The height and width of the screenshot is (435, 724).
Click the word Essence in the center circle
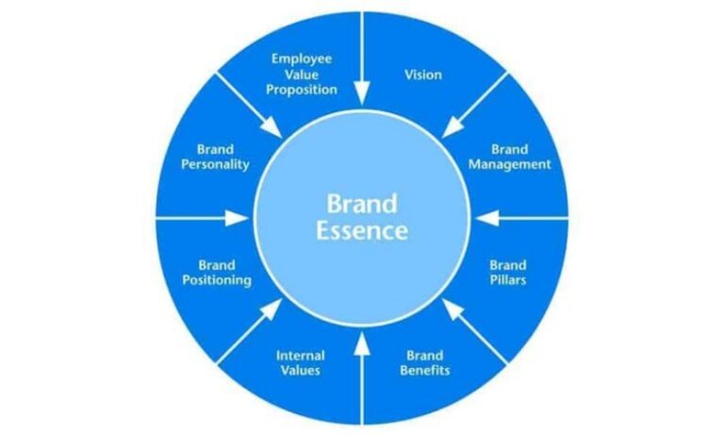[362, 230]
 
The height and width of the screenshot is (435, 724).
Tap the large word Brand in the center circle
[362, 202]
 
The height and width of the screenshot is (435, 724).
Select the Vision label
[423, 74]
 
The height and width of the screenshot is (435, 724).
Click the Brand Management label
[509, 157]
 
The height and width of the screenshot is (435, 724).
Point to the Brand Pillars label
[508, 272]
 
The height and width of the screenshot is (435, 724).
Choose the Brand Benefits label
[424, 362]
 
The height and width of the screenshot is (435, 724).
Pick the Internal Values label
[300, 362]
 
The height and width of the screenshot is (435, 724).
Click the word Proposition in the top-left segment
[301, 90]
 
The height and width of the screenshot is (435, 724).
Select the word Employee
[301, 59]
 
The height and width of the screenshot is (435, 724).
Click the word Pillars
[508, 280]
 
